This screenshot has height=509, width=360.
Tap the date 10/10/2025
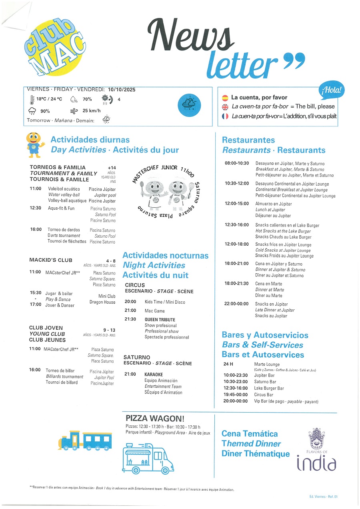pos(121,90)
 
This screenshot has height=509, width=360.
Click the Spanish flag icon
pos(225,97)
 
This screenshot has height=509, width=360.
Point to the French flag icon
pos(225,116)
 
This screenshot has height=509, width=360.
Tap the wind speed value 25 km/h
pos(91,111)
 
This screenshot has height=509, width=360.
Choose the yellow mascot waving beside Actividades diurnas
pos(34,144)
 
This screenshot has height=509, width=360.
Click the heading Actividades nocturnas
pos(165,255)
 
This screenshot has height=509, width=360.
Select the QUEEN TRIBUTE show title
pos(160,320)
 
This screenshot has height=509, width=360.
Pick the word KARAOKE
pos(154,375)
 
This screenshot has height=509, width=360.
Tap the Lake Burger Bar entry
pos(269,388)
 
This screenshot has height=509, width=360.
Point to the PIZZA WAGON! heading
pos(155,419)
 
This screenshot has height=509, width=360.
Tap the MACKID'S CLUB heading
pos(51,260)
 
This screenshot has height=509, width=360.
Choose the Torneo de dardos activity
pos(64,230)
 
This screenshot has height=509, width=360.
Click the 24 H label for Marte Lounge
pos(228,365)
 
